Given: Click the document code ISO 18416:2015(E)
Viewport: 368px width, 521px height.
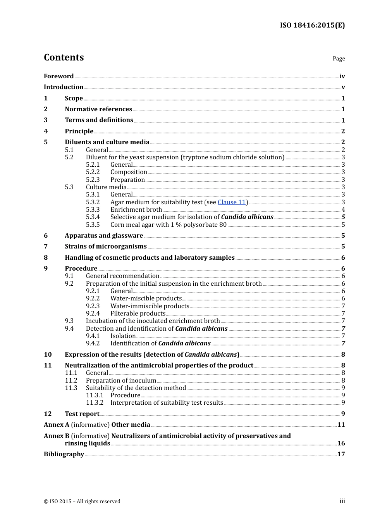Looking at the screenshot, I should [312, 26].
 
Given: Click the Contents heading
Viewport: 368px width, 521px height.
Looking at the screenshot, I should [64, 57].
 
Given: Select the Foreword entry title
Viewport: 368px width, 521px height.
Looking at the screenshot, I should [58, 76].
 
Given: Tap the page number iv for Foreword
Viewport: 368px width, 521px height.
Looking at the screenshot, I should [342, 76].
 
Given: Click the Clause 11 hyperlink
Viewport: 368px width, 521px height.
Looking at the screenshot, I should [232, 202].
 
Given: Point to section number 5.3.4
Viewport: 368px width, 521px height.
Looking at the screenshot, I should [93, 217].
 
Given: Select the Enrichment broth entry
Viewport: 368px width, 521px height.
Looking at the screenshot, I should [136, 210].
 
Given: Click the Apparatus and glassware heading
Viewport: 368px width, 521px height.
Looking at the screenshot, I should [104, 236].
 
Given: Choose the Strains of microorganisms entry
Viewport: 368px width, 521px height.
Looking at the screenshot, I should [106, 247].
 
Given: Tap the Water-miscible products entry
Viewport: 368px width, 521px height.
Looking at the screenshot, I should [146, 298].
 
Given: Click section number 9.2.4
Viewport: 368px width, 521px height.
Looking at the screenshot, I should [93, 314].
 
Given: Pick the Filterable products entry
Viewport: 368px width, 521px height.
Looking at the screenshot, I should [138, 314].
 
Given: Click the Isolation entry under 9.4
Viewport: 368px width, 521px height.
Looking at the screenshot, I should [123, 336].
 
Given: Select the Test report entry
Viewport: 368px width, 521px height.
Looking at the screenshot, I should [82, 414].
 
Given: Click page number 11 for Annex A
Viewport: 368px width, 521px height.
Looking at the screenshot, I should [341, 425].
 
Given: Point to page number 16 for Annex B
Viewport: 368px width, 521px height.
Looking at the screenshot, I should [341, 443].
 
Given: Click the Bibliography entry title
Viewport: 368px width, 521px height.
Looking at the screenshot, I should [64, 454].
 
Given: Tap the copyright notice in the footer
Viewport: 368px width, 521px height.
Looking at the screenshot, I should [82, 502].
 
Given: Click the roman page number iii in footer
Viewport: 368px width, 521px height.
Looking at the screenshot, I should [342, 501].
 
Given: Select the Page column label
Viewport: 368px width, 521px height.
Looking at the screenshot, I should [339, 59].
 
